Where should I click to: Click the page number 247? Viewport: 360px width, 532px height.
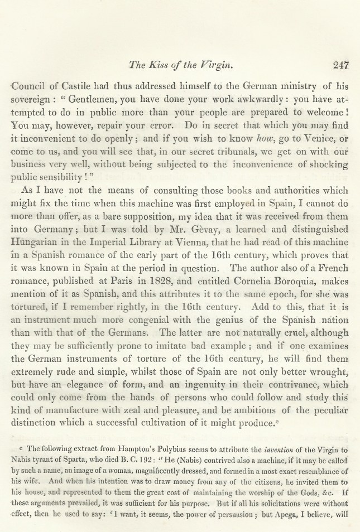point(340,65)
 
